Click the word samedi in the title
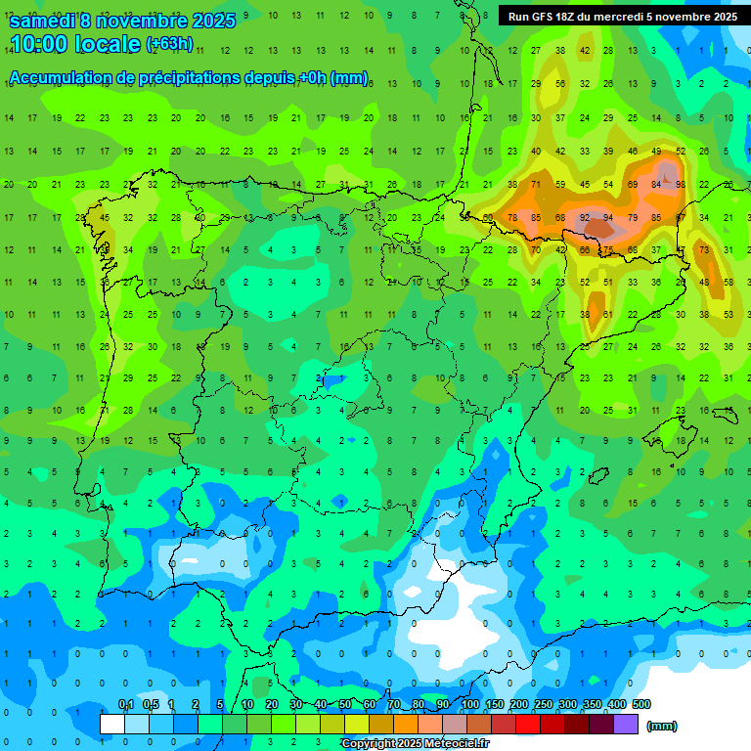point(43,21)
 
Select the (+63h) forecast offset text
point(169,44)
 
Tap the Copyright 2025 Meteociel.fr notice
point(415,744)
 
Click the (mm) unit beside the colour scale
point(662,726)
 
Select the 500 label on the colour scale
point(641,704)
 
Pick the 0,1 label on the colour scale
point(126,704)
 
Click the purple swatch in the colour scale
point(626,724)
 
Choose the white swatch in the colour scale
point(112,724)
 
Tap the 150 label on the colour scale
point(495,704)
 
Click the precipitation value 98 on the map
point(680,184)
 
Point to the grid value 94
point(608,217)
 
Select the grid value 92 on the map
point(584,217)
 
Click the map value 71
point(536,184)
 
